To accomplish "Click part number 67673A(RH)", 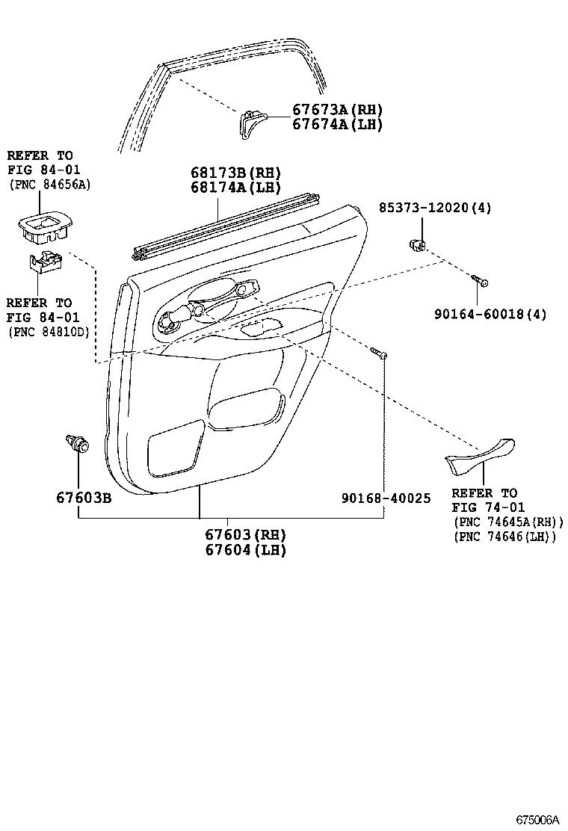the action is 337,110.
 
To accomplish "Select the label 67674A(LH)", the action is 337,125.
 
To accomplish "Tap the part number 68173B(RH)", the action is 235,172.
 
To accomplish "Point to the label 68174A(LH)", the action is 235,187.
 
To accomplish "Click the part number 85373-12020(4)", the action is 434,208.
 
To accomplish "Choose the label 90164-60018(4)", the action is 490,314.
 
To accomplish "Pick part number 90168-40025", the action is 386,498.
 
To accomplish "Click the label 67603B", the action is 84,498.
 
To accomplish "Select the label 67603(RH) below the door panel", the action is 245,534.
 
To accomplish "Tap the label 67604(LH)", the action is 245,549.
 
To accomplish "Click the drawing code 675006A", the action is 538,820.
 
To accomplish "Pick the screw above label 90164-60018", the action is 479,280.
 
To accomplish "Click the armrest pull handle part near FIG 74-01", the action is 481,456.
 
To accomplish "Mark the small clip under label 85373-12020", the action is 418,245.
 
